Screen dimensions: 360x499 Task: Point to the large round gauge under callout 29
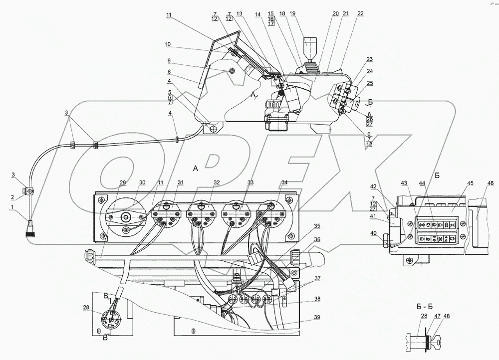tap(125, 218)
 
